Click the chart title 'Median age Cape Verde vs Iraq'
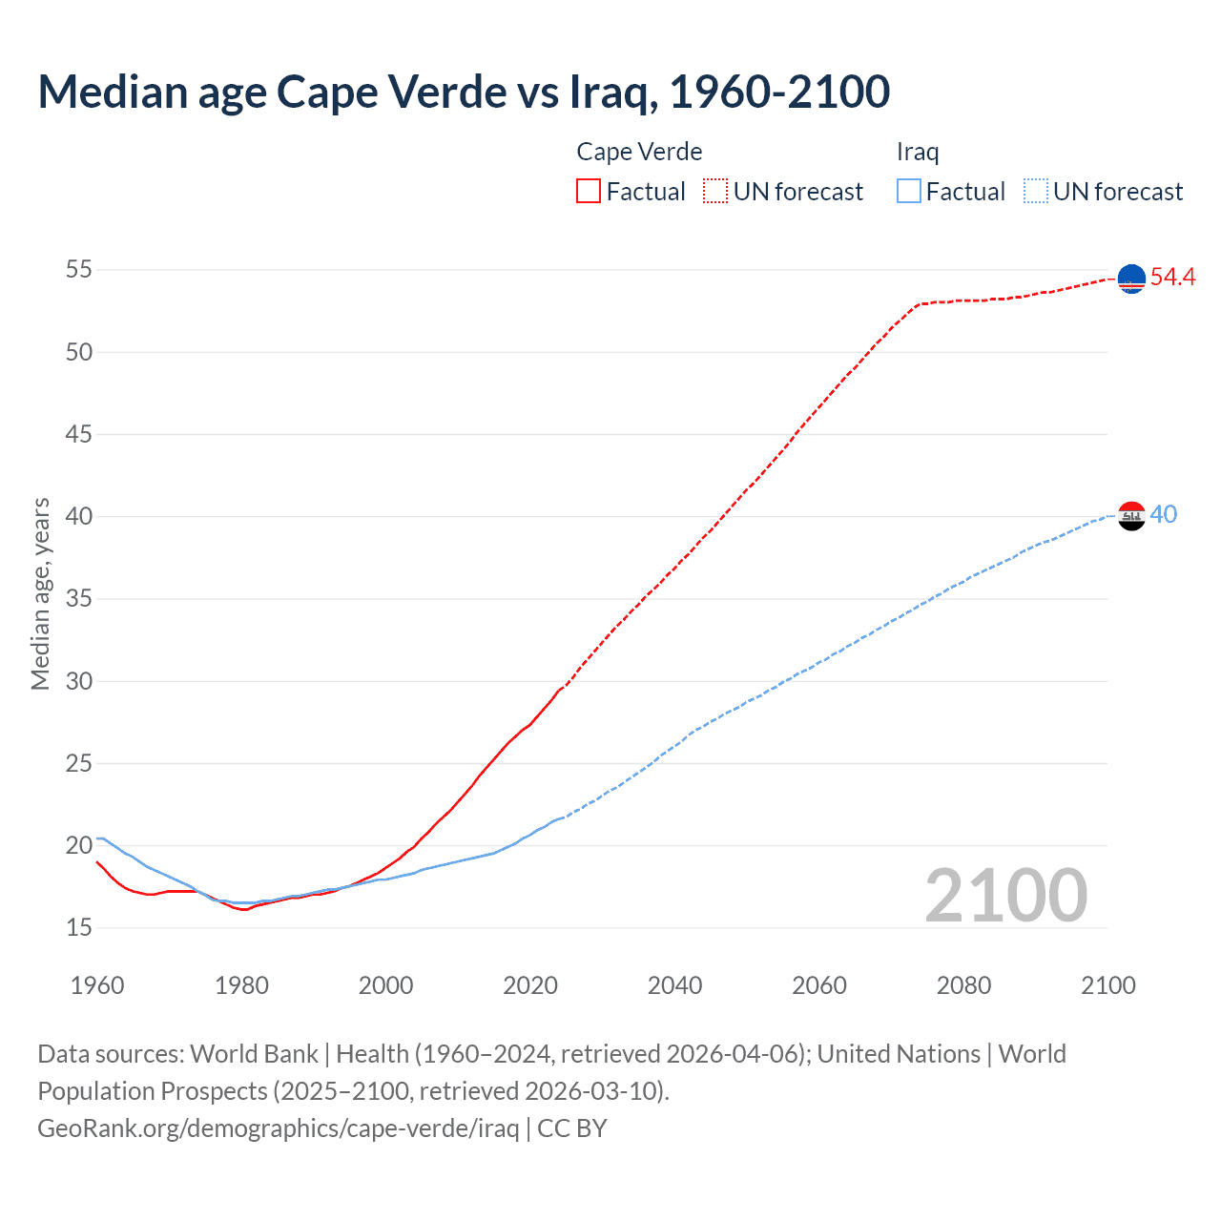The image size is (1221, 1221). tap(464, 92)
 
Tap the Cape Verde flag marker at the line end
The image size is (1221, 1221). tap(1131, 279)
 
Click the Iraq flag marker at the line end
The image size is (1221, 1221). tap(1131, 516)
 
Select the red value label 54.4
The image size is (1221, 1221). tap(1172, 278)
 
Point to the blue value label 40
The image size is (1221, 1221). tap(1163, 515)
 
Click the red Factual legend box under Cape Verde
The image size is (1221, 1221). tap(589, 192)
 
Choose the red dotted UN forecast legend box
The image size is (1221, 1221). tap(715, 192)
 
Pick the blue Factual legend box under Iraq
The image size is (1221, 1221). tap(909, 192)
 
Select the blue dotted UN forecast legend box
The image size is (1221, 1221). tap(1036, 192)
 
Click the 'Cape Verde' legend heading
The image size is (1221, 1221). tap(639, 152)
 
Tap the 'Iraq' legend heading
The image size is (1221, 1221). tap(918, 152)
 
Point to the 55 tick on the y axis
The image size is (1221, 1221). tap(79, 270)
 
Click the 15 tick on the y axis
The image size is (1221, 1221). tap(79, 927)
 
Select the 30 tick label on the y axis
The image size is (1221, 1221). tap(79, 681)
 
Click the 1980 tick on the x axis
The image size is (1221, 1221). tap(241, 985)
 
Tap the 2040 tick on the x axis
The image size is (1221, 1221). tap(674, 985)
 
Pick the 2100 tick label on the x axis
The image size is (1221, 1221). tap(1107, 985)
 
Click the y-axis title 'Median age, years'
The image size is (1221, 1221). tap(40, 593)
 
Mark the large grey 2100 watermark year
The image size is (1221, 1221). tap(1005, 896)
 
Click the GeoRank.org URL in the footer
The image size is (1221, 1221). tap(278, 1128)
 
